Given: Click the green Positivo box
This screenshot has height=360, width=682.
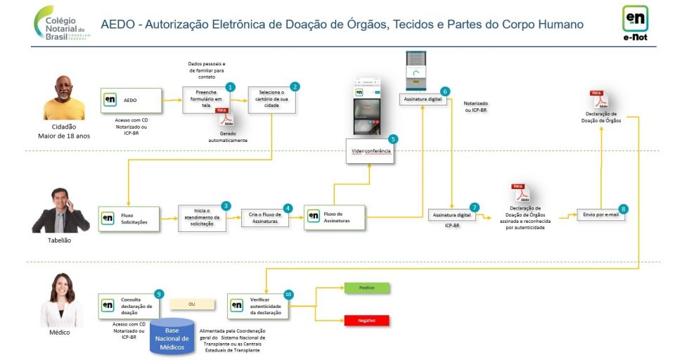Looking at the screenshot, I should coord(366,288).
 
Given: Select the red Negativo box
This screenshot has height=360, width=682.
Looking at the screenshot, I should coord(366,321).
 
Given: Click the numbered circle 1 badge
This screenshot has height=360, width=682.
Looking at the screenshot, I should coord(230,86).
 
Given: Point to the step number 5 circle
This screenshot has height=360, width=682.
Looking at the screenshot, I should coord(392,139).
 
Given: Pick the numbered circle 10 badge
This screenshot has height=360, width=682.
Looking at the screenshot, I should coord(288,294).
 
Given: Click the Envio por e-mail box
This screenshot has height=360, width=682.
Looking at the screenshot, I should coord(600,214).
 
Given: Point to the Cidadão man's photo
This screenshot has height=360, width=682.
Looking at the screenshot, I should coord(64,98).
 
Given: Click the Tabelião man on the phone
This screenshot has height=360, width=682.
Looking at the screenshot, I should coord(60,210).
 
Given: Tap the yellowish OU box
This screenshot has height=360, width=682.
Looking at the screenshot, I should coord(191,304).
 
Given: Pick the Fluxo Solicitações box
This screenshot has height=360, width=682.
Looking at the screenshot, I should coord(130,218).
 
